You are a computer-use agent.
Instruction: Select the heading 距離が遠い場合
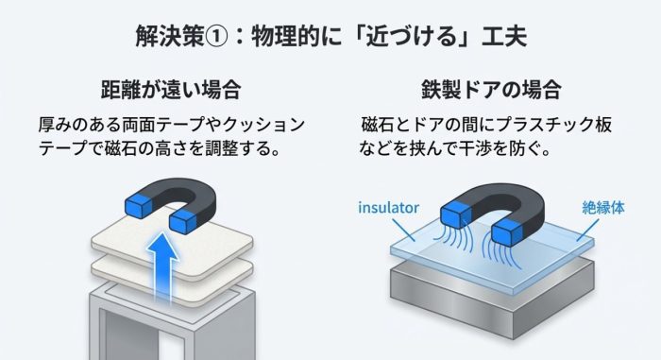[x=170, y=92]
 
